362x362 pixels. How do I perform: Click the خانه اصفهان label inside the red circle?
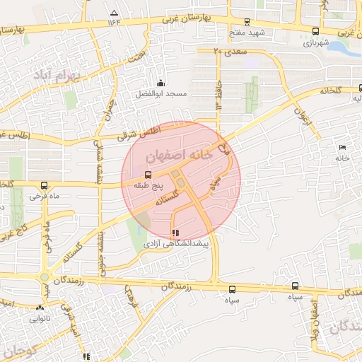point(177,154)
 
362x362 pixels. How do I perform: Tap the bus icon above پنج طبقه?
point(148,174)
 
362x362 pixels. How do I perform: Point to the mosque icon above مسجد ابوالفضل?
point(161,83)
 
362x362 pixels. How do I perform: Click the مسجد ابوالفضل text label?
point(161,93)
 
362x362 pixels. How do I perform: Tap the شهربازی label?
point(316,42)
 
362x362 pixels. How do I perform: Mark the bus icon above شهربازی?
point(315,32)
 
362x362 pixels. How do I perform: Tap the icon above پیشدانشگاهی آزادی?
point(175,232)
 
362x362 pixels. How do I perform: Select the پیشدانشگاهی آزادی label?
point(174,243)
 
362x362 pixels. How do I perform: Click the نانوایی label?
point(40,318)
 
